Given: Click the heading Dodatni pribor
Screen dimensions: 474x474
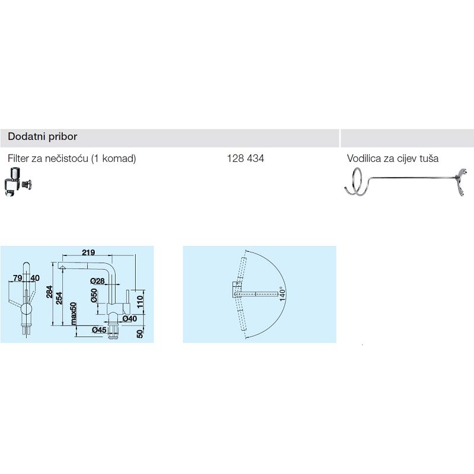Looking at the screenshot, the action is tap(43, 137).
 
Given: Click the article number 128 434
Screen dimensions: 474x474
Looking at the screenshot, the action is tap(245, 158).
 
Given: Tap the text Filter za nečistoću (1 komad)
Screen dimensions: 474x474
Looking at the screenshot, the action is tap(72, 158).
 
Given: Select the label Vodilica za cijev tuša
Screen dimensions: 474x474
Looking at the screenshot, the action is tap(392, 158).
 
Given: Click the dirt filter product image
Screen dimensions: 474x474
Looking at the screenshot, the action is tap(18, 182).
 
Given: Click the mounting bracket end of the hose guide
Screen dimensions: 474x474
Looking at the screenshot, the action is tap(460, 182).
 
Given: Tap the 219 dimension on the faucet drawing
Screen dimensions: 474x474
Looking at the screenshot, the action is tap(88, 252).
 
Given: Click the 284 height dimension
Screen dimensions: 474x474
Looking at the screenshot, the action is tap(50, 292).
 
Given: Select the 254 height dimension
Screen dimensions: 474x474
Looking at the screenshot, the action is tap(59, 298).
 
